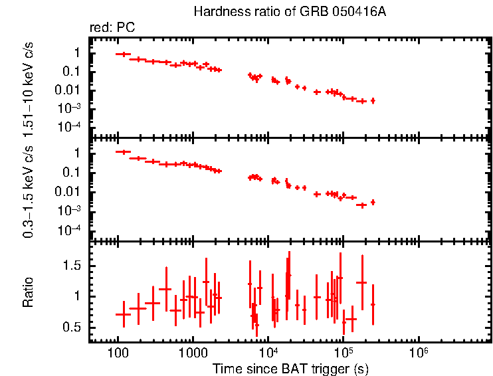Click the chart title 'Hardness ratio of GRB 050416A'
tap(289, 12)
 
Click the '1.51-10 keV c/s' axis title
tap(29, 87)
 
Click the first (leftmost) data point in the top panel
tap(122, 54)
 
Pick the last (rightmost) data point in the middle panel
tap(373, 202)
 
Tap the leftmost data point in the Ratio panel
tap(122, 315)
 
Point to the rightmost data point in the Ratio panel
tap(373, 304)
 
